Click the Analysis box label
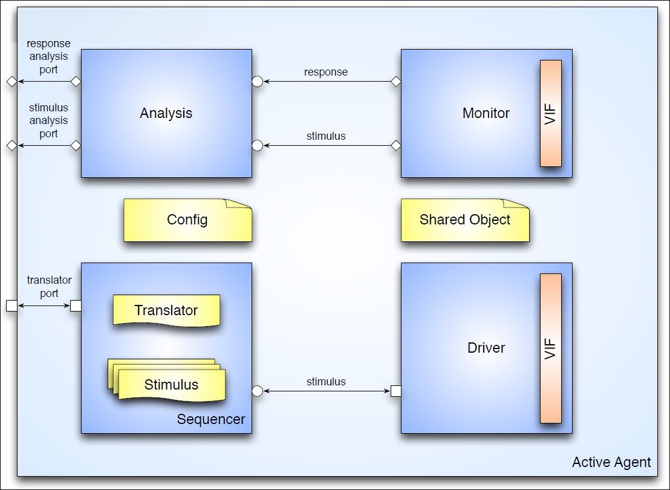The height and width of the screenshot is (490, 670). tap(166, 113)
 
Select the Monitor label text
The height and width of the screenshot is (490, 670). tap(486, 113)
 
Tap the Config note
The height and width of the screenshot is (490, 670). tap(187, 220)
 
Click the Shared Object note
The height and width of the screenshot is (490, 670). tap(465, 220)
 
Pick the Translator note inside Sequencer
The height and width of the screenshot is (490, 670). tap(166, 310)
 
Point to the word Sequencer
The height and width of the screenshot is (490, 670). tap(211, 419)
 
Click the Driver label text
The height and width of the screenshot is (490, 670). tap(486, 348)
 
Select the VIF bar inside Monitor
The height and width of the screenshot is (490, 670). tap(551, 113)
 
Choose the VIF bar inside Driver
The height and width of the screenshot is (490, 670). tap(551, 348)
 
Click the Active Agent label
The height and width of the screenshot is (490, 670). tap(611, 462)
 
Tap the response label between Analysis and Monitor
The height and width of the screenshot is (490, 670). tap(325, 72)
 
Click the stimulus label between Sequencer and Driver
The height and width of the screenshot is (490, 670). tap(325, 381)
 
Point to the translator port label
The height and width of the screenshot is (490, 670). tap(49, 287)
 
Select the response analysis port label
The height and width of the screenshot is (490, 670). tap(48, 56)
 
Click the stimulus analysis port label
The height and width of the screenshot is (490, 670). tap(48, 120)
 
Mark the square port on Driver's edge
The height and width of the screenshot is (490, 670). tap(396, 391)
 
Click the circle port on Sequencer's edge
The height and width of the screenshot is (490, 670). tap(257, 391)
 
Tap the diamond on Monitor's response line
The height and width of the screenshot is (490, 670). tap(396, 81)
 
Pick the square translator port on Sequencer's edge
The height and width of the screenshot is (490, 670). tap(76, 305)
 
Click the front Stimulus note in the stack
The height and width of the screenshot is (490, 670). tap(172, 385)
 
